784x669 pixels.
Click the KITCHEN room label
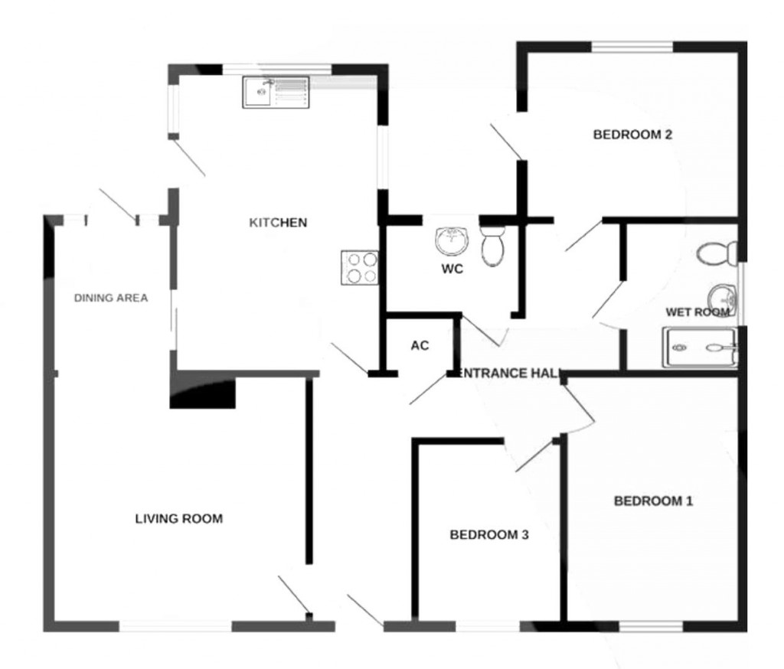point(278,223)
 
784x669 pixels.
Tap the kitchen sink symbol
point(276,92)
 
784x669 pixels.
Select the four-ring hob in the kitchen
point(361,268)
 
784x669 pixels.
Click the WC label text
point(452,269)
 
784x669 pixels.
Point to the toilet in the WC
point(492,244)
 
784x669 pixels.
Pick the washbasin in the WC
point(452,242)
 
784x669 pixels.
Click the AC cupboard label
point(420,345)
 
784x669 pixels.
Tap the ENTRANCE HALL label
point(508,373)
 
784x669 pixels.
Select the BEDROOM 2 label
point(632,135)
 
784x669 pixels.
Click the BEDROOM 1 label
point(653,501)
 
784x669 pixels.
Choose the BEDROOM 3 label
point(488,535)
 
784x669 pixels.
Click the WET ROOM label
point(696,312)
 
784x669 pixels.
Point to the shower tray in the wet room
point(700,348)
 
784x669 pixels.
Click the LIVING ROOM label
point(178,518)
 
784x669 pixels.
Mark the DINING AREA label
point(110,298)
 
